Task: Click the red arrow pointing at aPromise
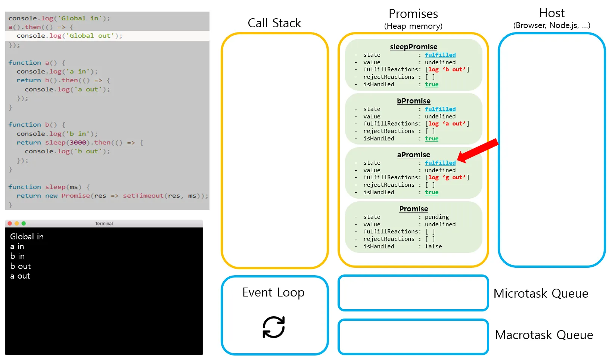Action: pyautogui.click(x=478, y=151)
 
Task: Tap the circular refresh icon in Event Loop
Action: pyautogui.click(x=273, y=327)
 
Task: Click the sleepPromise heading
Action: pyautogui.click(x=413, y=47)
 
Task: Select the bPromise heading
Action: pyautogui.click(x=413, y=101)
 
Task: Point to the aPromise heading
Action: pyautogui.click(x=413, y=155)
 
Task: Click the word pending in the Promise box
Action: pyautogui.click(x=437, y=217)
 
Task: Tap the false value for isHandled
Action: pyautogui.click(x=433, y=246)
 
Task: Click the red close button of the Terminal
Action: pyautogui.click(x=10, y=223)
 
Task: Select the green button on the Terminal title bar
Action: pyautogui.click(x=24, y=223)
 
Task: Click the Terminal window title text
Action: pyautogui.click(x=104, y=224)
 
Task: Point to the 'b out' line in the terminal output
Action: pyautogui.click(x=21, y=266)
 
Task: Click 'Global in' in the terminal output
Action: pyautogui.click(x=27, y=236)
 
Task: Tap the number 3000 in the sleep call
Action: pyautogui.click(x=78, y=142)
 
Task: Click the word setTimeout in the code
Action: pyautogui.click(x=143, y=196)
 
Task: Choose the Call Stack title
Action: pyautogui.click(x=274, y=23)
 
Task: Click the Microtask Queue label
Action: pyautogui.click(x=541, y=294)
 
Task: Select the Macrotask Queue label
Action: pyautogui.click(x=544, y=335)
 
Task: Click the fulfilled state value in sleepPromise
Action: pyautogui.click(x=440, y=55)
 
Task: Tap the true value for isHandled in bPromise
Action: pyautogui.click(x=432, y=139)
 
